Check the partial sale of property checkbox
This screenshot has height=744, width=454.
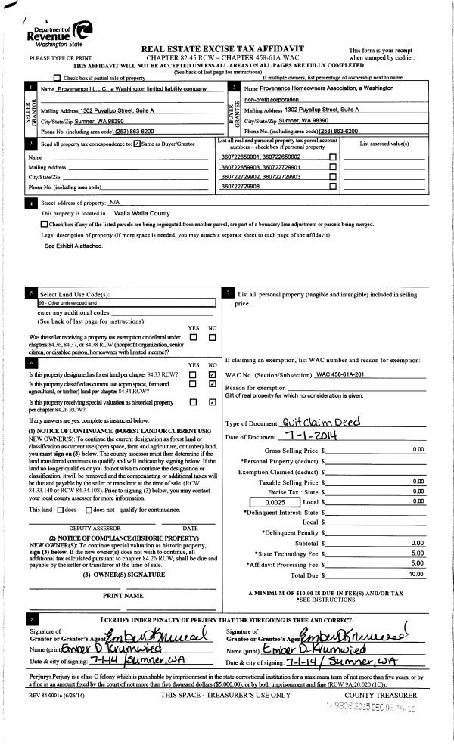point(58,78)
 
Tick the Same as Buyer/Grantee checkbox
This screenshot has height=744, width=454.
point(136,144)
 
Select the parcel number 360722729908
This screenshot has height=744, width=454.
point(240,186)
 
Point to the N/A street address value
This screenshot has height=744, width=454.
point(115,203)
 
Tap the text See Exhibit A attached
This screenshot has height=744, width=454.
point(73,246)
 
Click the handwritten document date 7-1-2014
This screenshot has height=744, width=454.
point(312,436)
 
